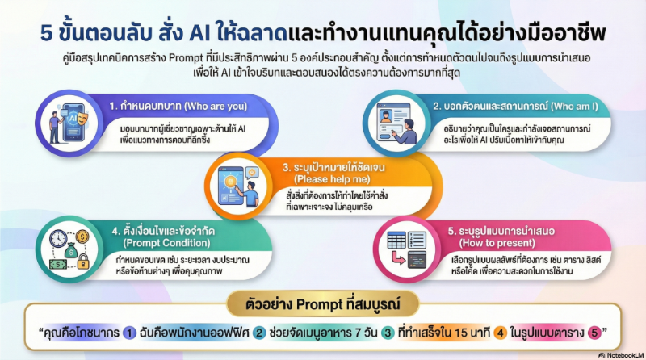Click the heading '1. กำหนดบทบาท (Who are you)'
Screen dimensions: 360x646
(x=178, y=106)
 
